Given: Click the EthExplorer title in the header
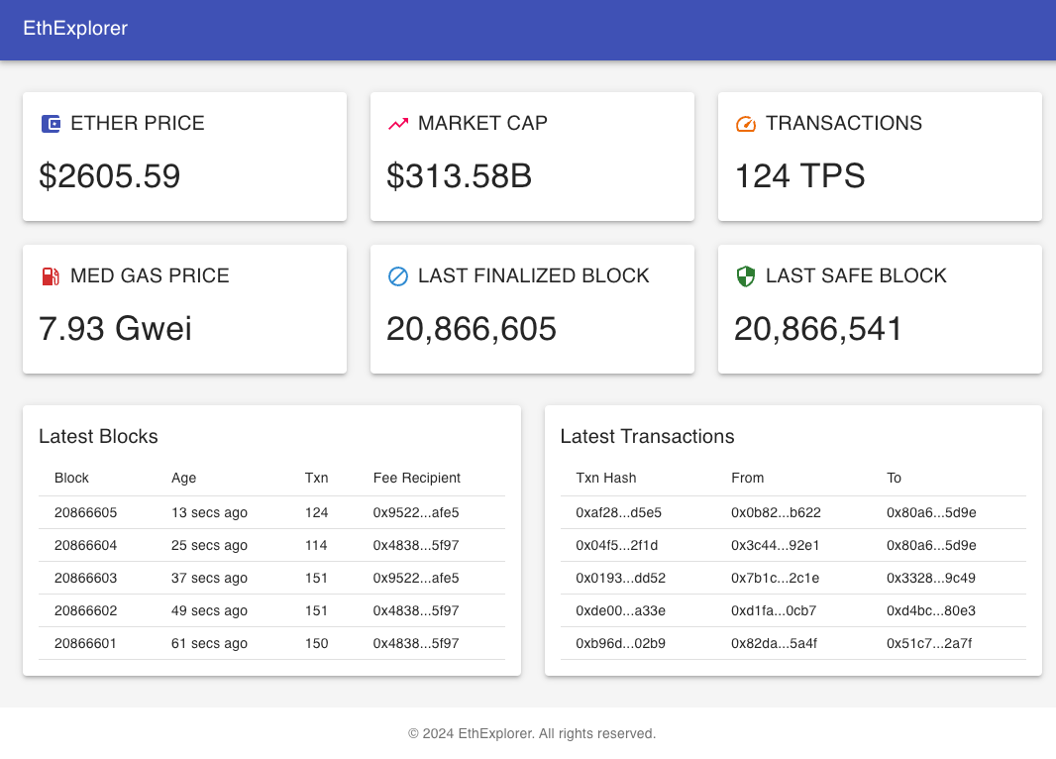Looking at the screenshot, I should pyautogui.click(x=75, y=29).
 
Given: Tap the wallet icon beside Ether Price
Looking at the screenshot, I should pyautogui.click(x=51, y=124).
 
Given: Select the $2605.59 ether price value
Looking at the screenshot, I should pyautogui.click(x=110, y=176).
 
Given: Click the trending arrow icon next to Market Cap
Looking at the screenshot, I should pyautogui.click(x=398, y=124).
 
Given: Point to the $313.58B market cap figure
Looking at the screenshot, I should pyautogui.click(x=460, y=176).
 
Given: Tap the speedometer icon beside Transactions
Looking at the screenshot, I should pyautogui.click(x=746, y=124).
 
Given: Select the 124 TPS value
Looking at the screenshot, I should pyautogui.click(x=799, y=176).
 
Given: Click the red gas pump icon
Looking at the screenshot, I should pyautogui.click(x=51, y=276).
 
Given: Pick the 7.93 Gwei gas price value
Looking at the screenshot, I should pyautogui.click(x=115, y=329).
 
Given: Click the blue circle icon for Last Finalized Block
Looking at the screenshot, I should pyautogui.click(x=398, y=276).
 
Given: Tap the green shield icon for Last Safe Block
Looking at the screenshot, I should pyautogui.click(x=746, y=276).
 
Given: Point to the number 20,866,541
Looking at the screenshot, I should pyautogui.click(x=818, y=329).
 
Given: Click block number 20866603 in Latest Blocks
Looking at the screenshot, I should pyautogui.click(x=86, y=578).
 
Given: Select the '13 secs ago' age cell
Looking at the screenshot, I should pyautogui.click(x=209, y=512).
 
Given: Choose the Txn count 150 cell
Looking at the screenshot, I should pyautogui.click(x=317, y=643).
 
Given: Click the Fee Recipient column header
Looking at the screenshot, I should pyautogui.click(x=417, y=478).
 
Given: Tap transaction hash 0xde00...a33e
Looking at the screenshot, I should pyautogui.click(x=621, y=610).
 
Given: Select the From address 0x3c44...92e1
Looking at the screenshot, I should pyautogui.click(x=776, y=545).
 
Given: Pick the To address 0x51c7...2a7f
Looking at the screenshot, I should pyautogui.click(x=930, y=643).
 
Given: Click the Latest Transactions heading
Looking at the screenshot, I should pyautogui.click(x=648, y=436).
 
